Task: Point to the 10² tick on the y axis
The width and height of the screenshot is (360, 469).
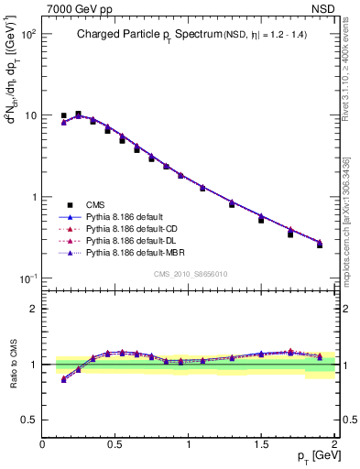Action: [27, 34]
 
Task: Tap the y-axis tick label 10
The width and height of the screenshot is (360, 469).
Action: [29, 115]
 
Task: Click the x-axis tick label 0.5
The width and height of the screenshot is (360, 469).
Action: [115, 444]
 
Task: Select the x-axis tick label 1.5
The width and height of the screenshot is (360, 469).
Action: [261, 444]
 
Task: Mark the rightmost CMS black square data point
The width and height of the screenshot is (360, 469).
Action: [320, 245]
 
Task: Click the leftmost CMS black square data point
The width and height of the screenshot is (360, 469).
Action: [64, 116]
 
